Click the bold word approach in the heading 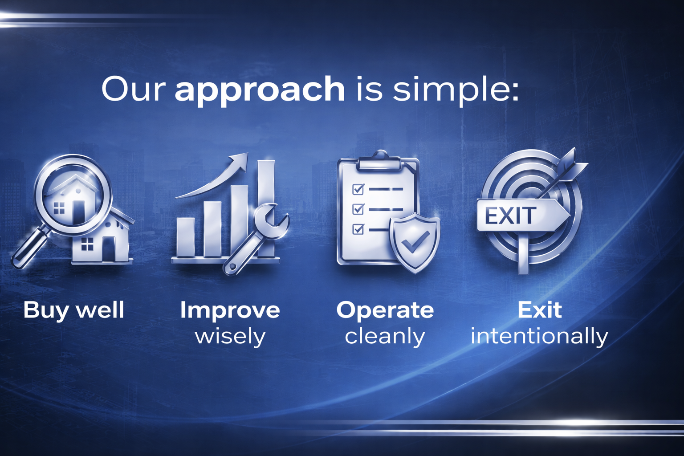(260, 89)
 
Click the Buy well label (73, 310)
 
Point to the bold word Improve (230, 310)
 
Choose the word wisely (230, 336)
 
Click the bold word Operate (385, 310)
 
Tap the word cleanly (385, 336)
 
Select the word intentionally (539, 336)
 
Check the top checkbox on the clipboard (358, 189)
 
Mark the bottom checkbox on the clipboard (358, 229)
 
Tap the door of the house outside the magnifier (109, 249)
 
